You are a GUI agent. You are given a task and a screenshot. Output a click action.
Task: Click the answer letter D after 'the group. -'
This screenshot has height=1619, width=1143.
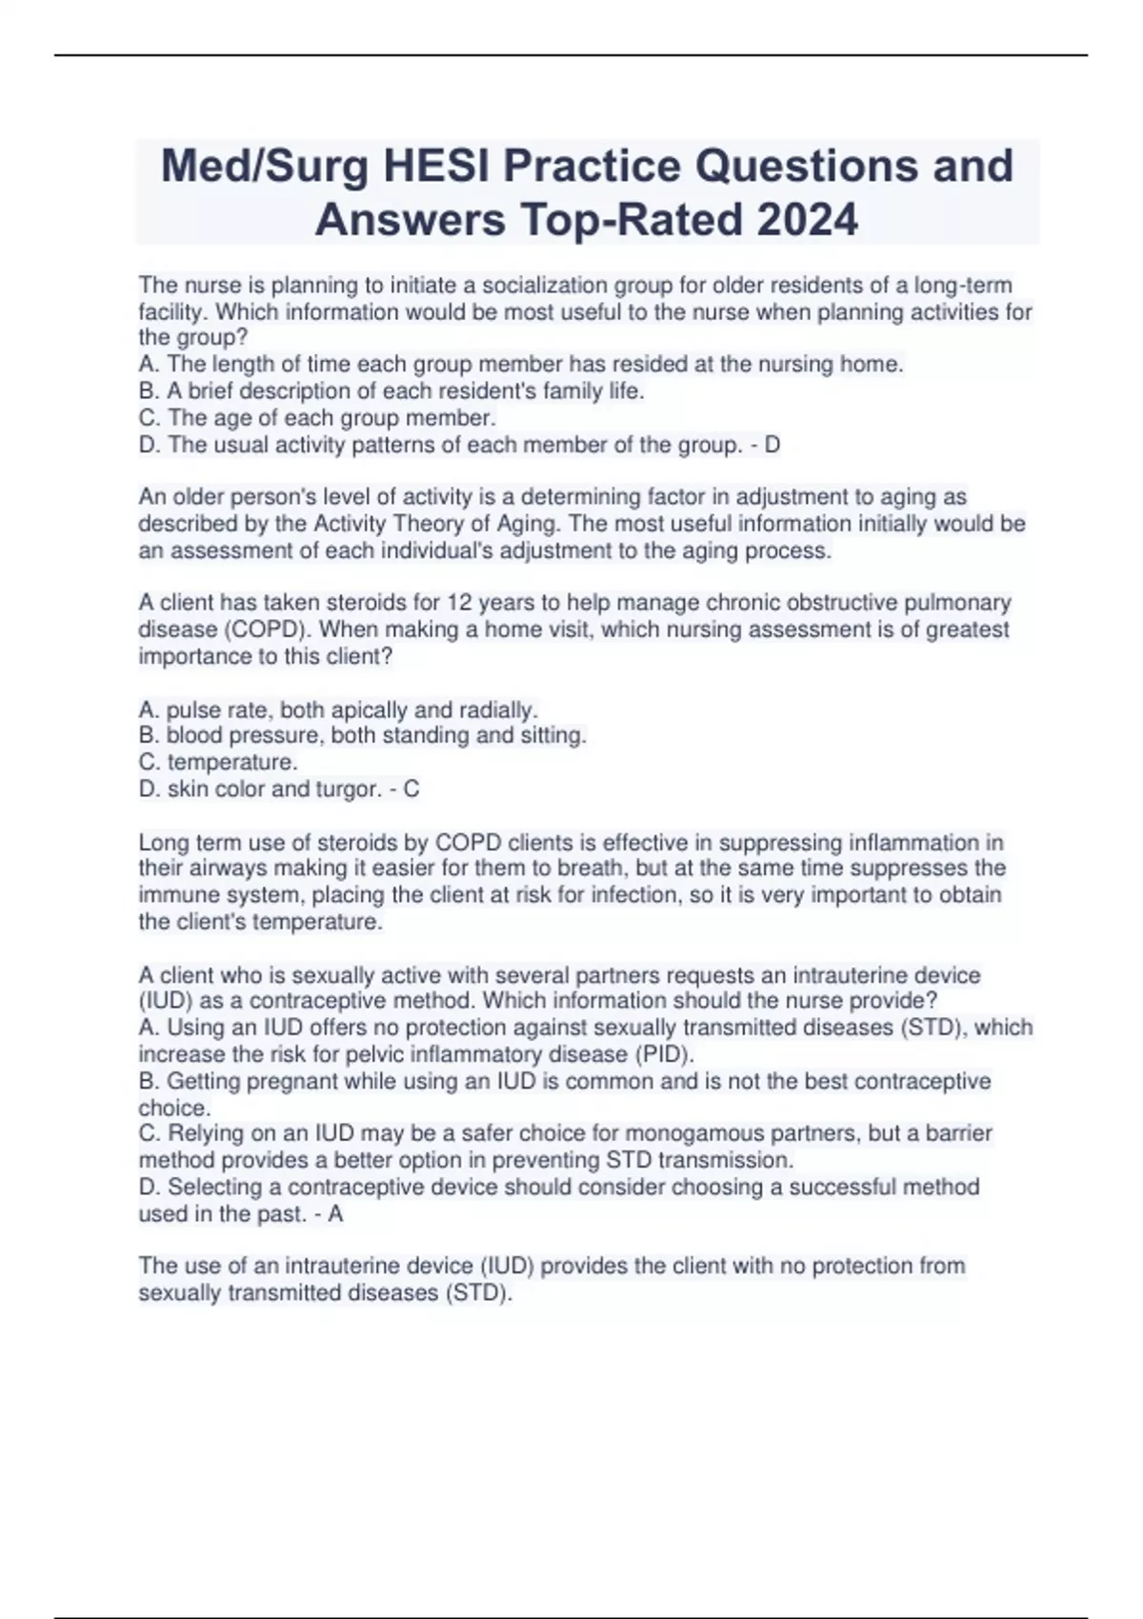pyautogui.click(x=772, y=445)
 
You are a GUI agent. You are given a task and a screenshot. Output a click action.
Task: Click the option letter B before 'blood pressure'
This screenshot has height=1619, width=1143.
pyautogui.click(x=148, y=735)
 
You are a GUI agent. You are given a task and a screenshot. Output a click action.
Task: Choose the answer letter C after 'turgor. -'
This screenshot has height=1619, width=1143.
pyautogui.click(x=411, y=789)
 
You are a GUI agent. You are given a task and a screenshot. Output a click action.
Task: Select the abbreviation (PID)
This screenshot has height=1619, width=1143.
pyautogui.click(x=664, y=1054)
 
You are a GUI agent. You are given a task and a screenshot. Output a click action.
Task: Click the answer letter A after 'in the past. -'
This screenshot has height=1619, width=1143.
pyautogui.click(x=335, y=1214)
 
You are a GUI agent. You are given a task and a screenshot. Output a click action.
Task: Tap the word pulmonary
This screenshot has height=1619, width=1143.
pyautogui.click(x=960, y=603)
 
